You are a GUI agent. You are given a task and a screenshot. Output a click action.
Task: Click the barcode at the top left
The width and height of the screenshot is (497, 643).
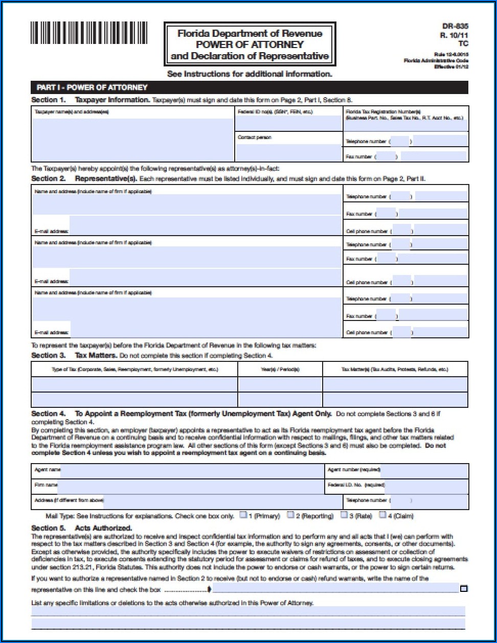pyautogui.click(x=88, y=33)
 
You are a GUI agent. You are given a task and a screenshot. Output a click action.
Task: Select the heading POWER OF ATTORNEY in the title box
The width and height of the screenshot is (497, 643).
pyautogui.click(x=250, y=44)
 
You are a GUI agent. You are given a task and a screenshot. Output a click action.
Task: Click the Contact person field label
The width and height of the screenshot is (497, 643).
pyautogui.click(x=255, y=137)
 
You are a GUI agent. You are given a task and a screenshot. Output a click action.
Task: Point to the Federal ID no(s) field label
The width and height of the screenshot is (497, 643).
pyautogui.click(x=275, y=111)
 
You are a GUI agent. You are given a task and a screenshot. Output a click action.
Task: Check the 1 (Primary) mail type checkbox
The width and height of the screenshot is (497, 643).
pyautogui.click(x=243, y=515)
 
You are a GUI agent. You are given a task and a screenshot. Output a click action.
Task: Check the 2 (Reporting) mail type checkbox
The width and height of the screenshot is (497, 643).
pyautogui.click(x=290, y=515)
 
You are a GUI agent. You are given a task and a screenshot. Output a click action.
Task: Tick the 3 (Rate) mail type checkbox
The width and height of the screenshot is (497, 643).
pyautogui.click(x=344, y=515)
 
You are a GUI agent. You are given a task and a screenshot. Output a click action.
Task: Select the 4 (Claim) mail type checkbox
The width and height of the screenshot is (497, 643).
pyautogui.click(x=382, y=515)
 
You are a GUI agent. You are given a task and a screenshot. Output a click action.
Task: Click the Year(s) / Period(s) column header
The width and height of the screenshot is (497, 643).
pyautogui.click(x=280, y=369)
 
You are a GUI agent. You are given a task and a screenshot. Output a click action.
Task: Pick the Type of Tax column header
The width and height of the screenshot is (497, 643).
pyautogui.click(x=134, y=369)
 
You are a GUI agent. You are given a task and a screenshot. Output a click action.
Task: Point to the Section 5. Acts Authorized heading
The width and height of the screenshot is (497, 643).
pyautogui.click(x=82, y=527)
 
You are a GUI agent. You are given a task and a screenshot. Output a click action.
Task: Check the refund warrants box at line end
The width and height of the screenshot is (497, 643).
pyautogui.click(x=463, y=589)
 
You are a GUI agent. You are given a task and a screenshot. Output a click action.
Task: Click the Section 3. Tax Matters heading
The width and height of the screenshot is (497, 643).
pyautogui.click(x=74, y=355)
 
